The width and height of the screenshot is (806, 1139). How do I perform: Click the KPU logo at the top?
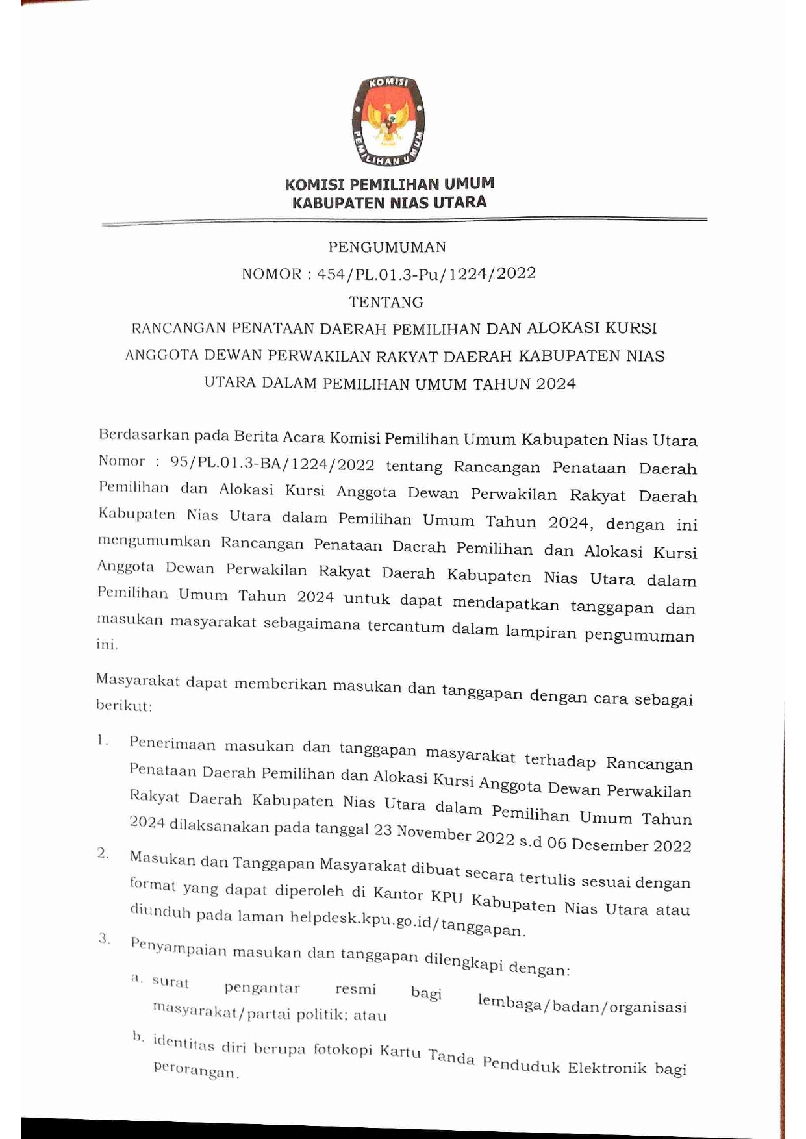pyautogui.click(x=388, y=121)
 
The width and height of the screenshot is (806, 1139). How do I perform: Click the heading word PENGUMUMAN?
pyautogui.click(x=387, y=247)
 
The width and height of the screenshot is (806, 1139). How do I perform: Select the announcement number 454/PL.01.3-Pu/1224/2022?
pyautogui.click(x=427, y=274)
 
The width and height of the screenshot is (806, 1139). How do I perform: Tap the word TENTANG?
pyautogui.click(x=386, y=302)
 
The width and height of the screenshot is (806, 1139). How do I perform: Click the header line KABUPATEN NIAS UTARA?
pyautogui.click(x=389, y=203)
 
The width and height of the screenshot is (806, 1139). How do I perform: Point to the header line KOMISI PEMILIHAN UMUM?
pyautogui.click(x=389, y=184)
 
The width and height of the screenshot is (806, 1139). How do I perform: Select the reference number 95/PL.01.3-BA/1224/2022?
pyautogui.click(x=272, y=464)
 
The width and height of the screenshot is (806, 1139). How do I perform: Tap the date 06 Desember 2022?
pyautogui.click(x=619, y=844)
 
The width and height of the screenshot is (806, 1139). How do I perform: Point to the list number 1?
pyautogui.click(x=102, y=740)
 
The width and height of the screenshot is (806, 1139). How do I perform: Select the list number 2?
pyautogui.click(x=103, y=853)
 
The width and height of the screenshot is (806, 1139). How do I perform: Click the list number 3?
pyautogui.click(x=104, y=938)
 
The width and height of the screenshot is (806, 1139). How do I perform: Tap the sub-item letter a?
pyautogui.click(x=136, y=977)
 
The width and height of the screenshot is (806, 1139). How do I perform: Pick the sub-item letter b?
pyautogui.click(x=138, y=1036)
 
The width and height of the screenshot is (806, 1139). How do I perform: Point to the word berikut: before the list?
pyautogui.click(x=124, y=705)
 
